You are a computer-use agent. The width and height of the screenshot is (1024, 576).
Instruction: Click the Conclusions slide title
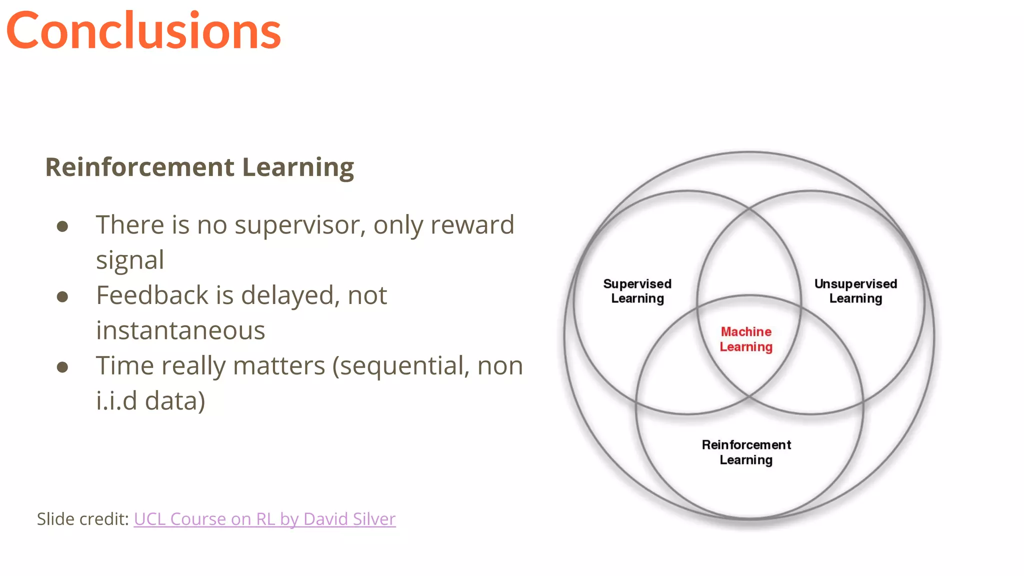pos(143,31)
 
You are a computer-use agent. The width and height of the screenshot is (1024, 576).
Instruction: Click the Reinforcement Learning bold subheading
pos(199,167)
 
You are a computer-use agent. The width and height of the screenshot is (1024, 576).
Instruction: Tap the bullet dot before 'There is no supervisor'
pos(62,226)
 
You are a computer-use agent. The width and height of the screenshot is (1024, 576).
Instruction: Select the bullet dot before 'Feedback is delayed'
pos(62,297)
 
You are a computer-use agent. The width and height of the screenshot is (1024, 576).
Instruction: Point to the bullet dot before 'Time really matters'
pos(62,367)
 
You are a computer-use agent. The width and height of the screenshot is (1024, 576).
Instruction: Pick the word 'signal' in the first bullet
pos(130,260)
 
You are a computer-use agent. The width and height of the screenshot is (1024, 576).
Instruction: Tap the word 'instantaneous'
pos(180,330)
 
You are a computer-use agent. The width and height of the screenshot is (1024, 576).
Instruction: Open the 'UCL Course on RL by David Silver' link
pos(264,519)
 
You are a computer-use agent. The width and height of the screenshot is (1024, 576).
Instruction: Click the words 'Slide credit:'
pos(83,519)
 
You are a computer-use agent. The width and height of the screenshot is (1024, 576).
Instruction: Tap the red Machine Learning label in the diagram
pos(746,339)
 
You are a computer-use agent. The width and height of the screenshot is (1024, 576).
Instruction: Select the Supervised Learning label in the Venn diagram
pos(637,291)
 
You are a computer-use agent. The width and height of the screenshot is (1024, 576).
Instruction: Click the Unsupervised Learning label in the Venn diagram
pos(855,291)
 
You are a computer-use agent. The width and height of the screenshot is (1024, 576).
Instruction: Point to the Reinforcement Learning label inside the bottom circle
pos(746,452)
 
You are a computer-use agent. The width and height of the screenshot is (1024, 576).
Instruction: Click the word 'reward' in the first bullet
pos(472,225)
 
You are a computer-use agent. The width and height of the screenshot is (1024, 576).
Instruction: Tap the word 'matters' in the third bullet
pos(279,366)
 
